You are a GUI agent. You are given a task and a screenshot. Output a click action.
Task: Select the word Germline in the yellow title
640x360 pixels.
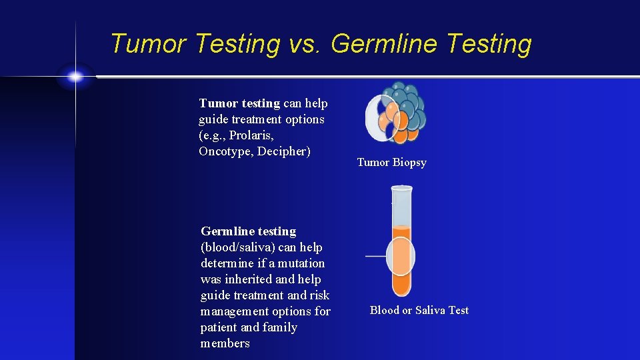(x=385, y=44)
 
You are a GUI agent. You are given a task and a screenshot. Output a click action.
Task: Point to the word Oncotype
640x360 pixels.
(x=224, y=151)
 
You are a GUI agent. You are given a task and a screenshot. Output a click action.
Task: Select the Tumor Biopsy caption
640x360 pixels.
(x=391, y=163)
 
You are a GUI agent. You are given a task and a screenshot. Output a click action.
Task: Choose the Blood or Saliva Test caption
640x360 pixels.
(x=419, y=310)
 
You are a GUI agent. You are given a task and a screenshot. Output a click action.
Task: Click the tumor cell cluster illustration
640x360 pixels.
(x=396, y=113)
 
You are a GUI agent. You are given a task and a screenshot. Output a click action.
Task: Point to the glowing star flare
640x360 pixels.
(x=75, y=77)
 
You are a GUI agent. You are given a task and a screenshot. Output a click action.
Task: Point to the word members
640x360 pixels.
(x=225, y=343)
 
